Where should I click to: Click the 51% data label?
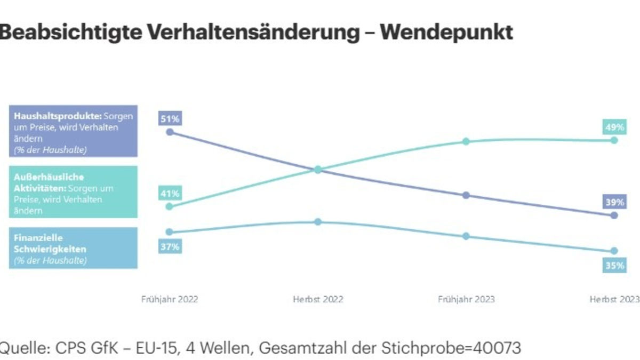[x=169, y=118]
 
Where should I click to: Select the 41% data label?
[x=169, y=193]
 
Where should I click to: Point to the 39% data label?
[x=613, y=202]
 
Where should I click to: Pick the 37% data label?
[x=169, y=246]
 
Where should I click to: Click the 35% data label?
[x=613, y=265]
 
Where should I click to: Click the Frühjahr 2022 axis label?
[x=169, y=299]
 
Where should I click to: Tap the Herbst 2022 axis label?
[x=318, y=299]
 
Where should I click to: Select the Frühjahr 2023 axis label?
[x=466, y=299]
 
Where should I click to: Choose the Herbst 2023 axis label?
[x=614, y=299]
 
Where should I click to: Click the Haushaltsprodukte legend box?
[x=73, y=131]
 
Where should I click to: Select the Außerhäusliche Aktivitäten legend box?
[x=73, y=192]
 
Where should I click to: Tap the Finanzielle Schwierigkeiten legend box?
[x=73, y=248]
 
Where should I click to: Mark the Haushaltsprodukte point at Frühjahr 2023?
[x=466, y=195]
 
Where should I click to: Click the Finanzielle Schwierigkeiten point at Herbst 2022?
[x=318, y=221]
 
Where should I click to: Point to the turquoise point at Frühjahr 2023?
[x=466, y=141]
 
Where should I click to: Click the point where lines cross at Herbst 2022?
[x=318, y=170]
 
